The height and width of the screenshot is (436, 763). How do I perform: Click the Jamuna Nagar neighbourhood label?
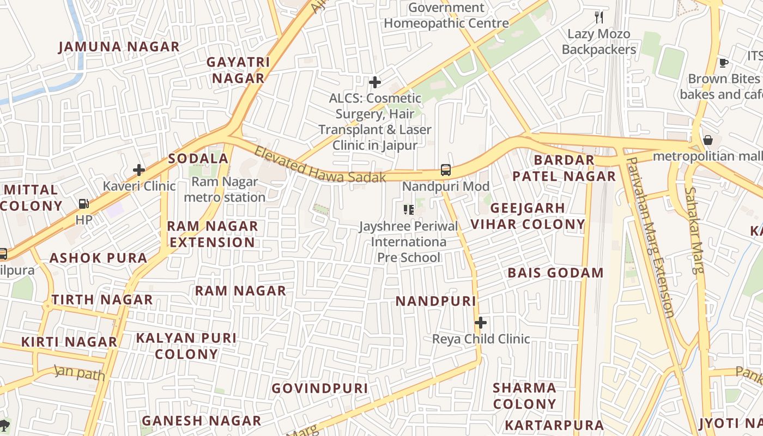click(x=119, y=47)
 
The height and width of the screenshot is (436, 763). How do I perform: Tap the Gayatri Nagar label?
click(x=238, y=70)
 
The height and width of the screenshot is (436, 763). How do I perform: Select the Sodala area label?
click(x=198, y=159)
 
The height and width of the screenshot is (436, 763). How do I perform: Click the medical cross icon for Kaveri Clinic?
click(x=139, y=170)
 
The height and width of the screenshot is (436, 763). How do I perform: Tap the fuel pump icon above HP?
click(x=84, y=204)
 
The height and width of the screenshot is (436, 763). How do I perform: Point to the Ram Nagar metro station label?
click(x=225, y=189)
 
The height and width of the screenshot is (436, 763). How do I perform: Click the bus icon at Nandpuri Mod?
click(x=446, y=170)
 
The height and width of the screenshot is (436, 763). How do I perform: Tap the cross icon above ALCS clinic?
click(x=375, y=82)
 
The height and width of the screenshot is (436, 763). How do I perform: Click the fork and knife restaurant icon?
click(x=599, y=17)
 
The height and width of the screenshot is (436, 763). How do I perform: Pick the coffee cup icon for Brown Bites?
click(x=723, y=63)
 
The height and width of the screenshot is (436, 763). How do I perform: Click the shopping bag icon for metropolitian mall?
click(x=707, y=141)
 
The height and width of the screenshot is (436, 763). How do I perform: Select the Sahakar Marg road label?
click(x=694, y=229)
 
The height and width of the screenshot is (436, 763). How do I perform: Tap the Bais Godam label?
click(x=555, y=272)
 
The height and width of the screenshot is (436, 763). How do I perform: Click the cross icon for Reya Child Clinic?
click(x=480, y=323)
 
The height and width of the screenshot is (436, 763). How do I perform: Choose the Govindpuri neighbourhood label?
click(x=320, y=388)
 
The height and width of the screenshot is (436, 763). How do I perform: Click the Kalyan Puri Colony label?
click(x=186, y=346)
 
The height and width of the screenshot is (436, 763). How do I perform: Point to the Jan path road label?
click(x=80, y=373)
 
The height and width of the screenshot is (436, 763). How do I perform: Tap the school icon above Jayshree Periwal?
click(x=408, y=209)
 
